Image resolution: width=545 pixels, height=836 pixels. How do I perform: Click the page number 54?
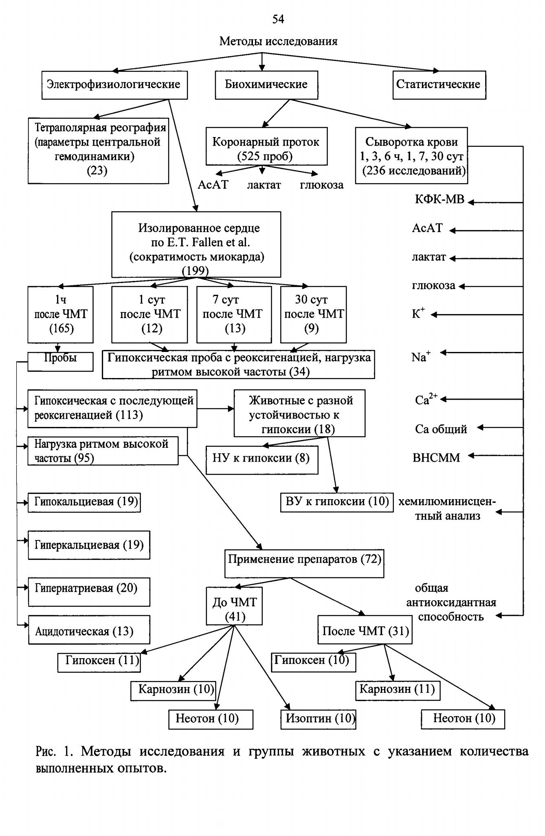pos(278,19)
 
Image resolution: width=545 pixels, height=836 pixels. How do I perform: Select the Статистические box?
pos(439,85)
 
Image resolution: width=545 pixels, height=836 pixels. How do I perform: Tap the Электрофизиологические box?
pos(114,85)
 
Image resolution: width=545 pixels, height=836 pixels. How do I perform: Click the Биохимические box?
pos(266,85)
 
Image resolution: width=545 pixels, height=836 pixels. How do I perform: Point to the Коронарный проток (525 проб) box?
pos(266,146)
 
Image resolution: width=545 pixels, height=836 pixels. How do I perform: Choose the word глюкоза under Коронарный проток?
pos(322,185)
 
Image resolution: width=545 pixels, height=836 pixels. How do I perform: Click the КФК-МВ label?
pos(440,199)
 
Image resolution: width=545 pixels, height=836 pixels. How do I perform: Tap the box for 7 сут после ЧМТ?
pos(234,314)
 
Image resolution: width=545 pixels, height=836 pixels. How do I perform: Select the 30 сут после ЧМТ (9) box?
pos(313,314)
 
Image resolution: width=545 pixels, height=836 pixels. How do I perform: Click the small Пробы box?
pos(60,361)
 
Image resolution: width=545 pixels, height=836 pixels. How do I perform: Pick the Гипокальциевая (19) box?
pos(84,502)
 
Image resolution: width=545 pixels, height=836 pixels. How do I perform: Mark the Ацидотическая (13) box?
pos(89,630)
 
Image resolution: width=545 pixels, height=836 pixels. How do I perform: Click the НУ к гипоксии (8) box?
pos(262,460)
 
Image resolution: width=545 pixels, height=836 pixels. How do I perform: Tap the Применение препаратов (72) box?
pos(304,564)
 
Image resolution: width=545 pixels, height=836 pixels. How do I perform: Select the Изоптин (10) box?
pos(318,719)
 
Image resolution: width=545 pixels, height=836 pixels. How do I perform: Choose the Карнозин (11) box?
pos(398,690)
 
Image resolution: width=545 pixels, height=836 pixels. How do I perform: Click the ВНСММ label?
pos(436,458)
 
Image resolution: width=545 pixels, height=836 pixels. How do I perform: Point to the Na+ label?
pos(421,357)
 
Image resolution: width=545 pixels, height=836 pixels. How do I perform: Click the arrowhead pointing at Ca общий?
pos(480,427)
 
